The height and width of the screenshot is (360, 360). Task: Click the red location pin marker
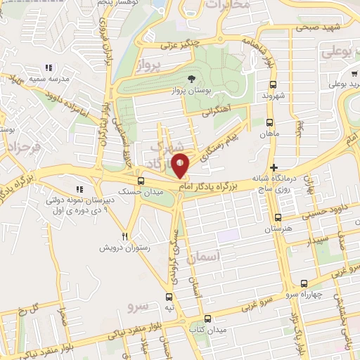[181, 165]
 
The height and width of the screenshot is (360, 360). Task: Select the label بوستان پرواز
[192, 91]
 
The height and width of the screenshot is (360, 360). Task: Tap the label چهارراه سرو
[324, 294]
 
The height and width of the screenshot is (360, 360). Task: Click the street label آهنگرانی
[217, 110]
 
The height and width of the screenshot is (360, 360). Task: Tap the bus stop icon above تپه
[168, 297]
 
